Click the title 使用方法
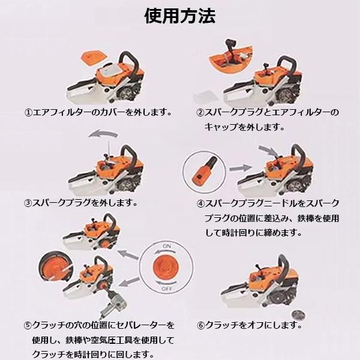pyautogui.click(x=180, y=16)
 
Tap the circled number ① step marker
pyautogui.click(x=28, y=113)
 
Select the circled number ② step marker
pyautogui.click(x=200, y=113)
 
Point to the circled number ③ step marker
pyautogui.click(x=28, y=203)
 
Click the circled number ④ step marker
pyautogui.click(x=200, y=203)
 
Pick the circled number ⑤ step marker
pyautogui.click(x=28, y=325)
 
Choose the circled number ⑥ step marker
pyautogui.click(x=200, y=325)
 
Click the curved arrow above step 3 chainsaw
pyautogui.click(x=103, y=133)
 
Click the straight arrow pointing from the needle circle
pyautogui.click(x=241, y=168)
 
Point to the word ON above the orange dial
pyautogui.click(x=167, y=246)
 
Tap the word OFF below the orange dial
pyautogui.click(x=167, y=289)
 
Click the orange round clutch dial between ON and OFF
pyautogui.click(x=166, y=267)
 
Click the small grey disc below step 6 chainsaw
pyautogui.click(x=299, y=315)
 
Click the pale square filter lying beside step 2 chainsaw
pyautogui.click(x=206, y=96)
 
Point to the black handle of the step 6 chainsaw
pyautogui.click(x=284, y=264)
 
